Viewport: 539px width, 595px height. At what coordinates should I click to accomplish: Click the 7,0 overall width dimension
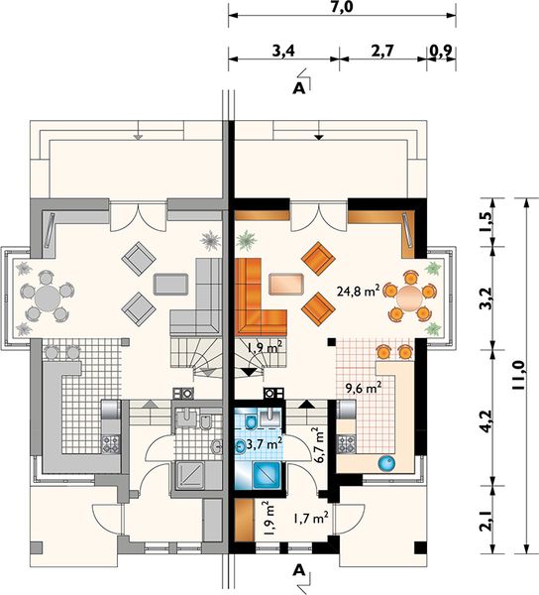tap(342, 7)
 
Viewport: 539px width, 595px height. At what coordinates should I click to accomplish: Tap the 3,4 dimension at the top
tap(283, 51)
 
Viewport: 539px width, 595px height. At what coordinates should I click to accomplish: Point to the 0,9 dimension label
tap(442, 51)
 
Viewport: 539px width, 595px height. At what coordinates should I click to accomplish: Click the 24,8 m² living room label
tap(359, 291)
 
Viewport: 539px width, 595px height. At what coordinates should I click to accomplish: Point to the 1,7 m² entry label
tap(310, 518)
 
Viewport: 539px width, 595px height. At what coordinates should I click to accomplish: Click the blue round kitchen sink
tap(386, 464)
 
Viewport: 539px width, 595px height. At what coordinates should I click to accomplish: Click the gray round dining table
tap(48, 297)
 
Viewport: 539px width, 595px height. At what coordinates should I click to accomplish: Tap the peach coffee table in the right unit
tap(287, 284)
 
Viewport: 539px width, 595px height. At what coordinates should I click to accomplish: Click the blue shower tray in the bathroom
tap(266, 476)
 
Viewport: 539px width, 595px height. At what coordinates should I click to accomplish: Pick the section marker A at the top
tap(299, 88)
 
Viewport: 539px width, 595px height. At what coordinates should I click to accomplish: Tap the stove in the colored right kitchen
tap(347, 443)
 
